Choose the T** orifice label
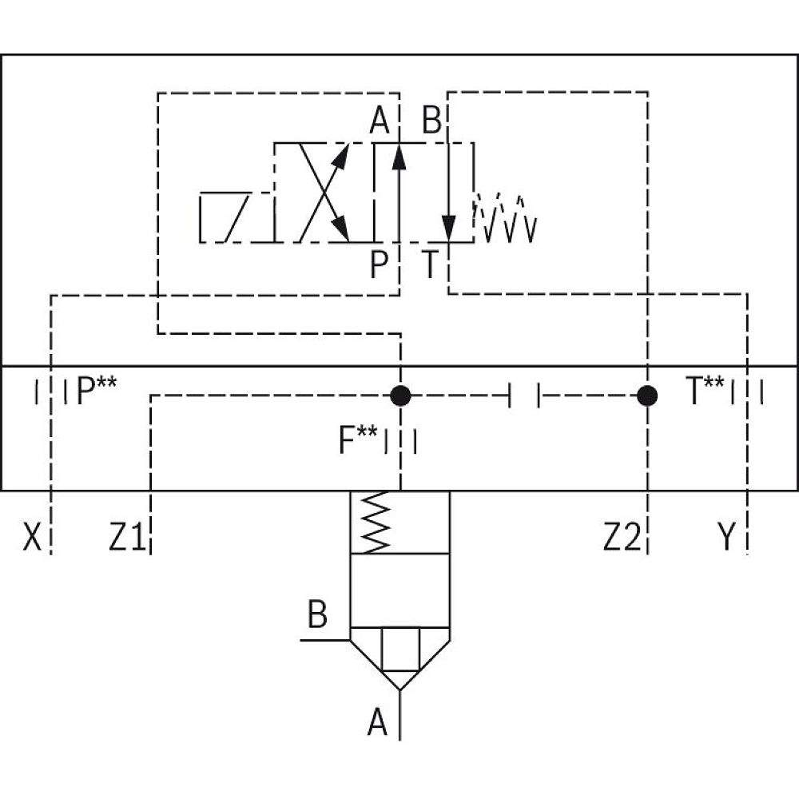click(x=706, y=392)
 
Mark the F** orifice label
click(x=357, y=440)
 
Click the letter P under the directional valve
click(x=380, y=265)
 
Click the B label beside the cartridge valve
click(x=317, y=617)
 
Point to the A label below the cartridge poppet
click(x=378, y=724)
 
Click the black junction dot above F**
click(x=400, y=395)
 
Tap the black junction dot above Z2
click(x=647, y=395)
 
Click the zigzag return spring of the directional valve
click(x=505, y=217)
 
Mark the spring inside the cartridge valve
click(x=376, y=522)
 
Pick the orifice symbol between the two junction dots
click(x=524, y=395)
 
